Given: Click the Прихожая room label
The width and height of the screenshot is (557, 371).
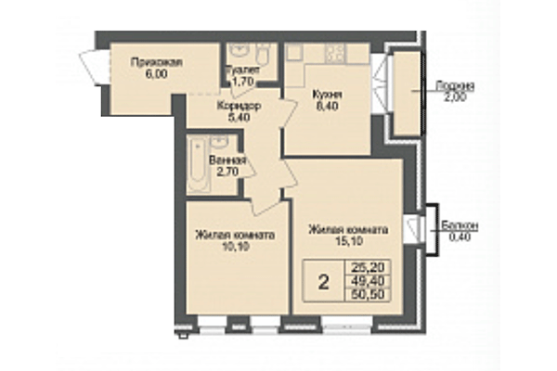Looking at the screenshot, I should [x=156, y=62].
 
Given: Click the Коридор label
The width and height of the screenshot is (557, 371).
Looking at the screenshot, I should [x=238, y=106].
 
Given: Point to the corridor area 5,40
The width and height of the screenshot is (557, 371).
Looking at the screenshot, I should [x=238, y=118].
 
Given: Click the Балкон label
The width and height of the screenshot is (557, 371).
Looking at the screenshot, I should [x=460, y=225].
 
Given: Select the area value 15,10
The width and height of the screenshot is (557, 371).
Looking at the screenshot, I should [x=348, y=240].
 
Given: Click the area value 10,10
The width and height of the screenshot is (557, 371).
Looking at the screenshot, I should [x=236, y=247].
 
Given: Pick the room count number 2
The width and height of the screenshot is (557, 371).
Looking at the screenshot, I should [x=322, y=282].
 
